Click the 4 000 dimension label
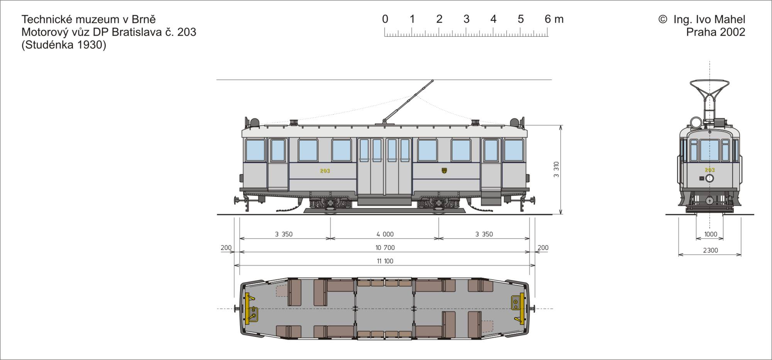tap(385, 234)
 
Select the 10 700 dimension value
tap(385, 248)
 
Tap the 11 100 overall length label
tap(385, 261)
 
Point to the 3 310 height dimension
tap(556, 169)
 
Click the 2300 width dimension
tap(710, 250)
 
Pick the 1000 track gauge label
tap(711, 234)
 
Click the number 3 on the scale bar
tap(466, 19)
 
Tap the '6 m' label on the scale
tap(554, 19)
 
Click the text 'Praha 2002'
tap(716, 32)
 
